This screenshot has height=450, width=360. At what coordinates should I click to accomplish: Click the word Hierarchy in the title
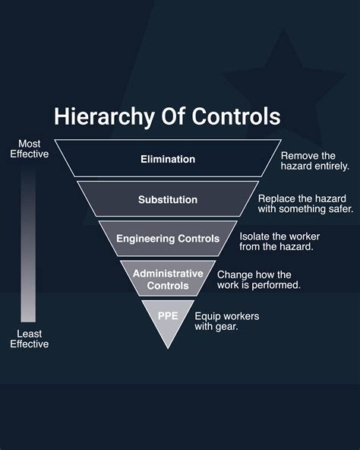pyautogui.click(x=104, y=117)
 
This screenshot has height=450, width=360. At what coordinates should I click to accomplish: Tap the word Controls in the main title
pyautogui.click(x=236, y=116)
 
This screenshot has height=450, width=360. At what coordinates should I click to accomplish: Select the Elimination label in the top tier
pyautogui.click(x=168, y=160)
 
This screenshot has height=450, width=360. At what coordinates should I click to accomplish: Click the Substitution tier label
pyautogui.click(x=168, y=200)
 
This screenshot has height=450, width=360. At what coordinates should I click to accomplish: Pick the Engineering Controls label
pyautogui.click(x=168, y=239)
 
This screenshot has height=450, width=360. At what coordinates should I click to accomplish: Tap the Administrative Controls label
pyautogui.click(x=168, y=280)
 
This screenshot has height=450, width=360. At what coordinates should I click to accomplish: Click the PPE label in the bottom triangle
pyautogui.click(x=168, y=316)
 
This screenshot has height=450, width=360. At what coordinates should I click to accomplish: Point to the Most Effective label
pyautogui.click(x=30, y=149)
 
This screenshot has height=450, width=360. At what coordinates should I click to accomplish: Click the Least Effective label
pyautogui.click(x=30, y=339)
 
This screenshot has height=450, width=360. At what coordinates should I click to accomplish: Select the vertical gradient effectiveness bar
pyautogui.click(x=28, y=246)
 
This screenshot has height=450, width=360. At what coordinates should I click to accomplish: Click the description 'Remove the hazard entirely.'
pyautogui.click(x=315, y=161)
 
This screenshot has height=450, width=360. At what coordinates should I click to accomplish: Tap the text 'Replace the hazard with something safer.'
pyautogui.click(x=305, y=204)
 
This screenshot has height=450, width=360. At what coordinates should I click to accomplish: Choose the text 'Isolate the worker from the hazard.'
pyautogui.click(x=279, y=242)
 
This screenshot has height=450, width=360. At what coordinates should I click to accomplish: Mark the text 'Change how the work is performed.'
pyautogui.click(x=259, y=280)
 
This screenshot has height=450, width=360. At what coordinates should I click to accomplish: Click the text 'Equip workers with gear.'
pyautogui.click(x=227, y=322)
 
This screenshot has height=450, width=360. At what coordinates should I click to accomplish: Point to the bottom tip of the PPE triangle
pyautogui.click(x=168, y=348)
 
